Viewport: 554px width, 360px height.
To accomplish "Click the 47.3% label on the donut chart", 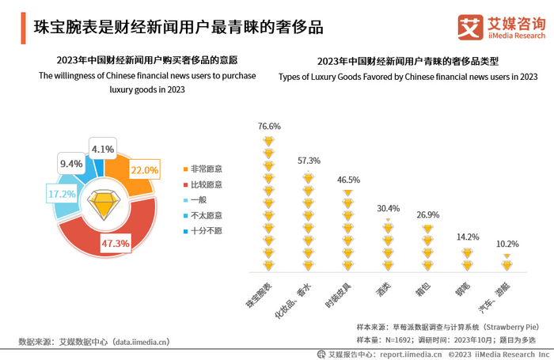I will click(116, 244).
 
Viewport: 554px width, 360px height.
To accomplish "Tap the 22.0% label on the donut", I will click(145, 170).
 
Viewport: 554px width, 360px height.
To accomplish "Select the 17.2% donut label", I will click(40, 193).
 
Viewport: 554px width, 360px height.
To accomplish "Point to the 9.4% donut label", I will click(71, 164).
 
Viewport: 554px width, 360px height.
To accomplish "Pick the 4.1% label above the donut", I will click(103, 149).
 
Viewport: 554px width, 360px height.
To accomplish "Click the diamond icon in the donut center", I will click(104, 204).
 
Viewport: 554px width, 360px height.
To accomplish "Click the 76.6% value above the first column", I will click(269, 127).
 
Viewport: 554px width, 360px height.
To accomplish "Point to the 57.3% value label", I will click(309, 161).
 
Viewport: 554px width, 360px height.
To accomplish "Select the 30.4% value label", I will click(387, 209).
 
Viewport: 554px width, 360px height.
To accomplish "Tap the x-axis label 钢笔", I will click(461, 287).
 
